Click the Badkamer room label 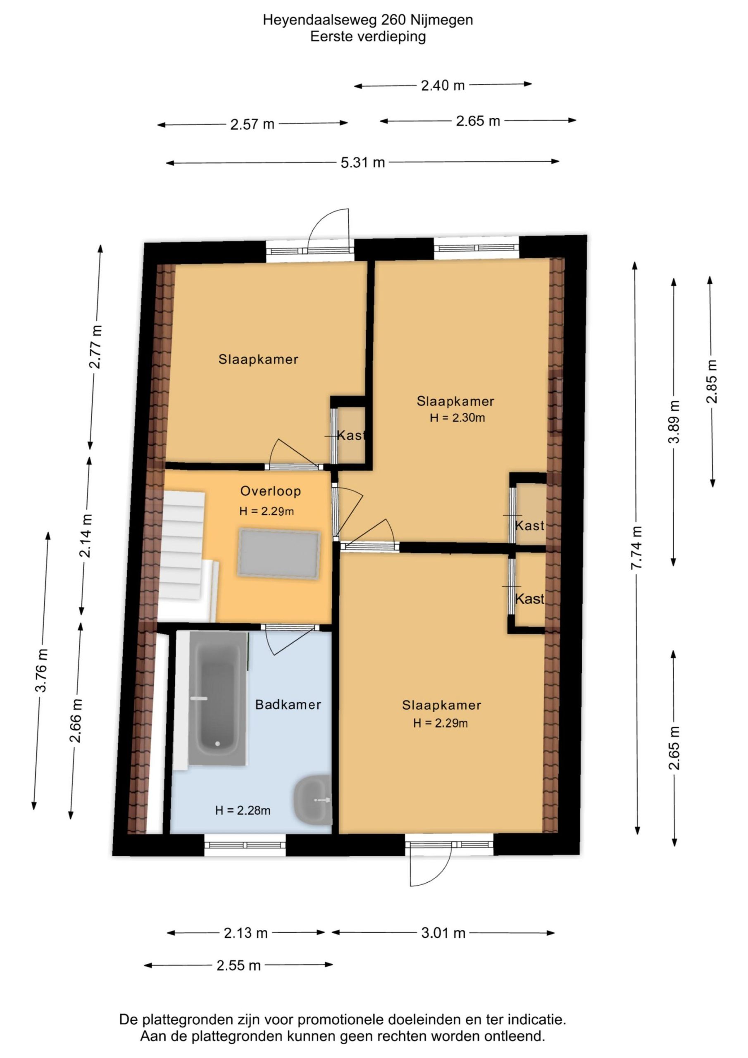click(288, 704)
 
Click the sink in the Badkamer click(313, 800)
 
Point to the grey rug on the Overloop click(279, 554)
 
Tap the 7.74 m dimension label click(636, 548)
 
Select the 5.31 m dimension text click(363, 162)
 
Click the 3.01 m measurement click(443, 933)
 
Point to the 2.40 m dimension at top click(443, 85)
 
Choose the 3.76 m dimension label click(41, 669)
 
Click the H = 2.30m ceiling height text click(457, 418)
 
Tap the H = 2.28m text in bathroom click(243, 810)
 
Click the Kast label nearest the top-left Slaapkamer click(351, 435)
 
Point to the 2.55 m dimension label click(239, 965)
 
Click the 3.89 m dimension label click(674, 421)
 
